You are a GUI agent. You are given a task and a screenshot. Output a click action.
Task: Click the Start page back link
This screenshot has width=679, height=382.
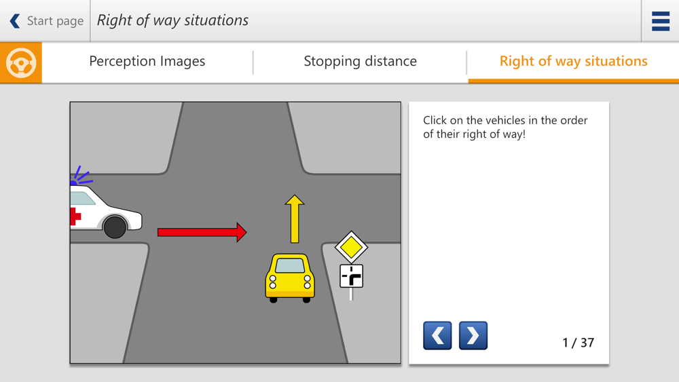[x=46, y=21]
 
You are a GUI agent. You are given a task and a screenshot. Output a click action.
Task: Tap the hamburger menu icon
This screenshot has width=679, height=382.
[x=661, y=21]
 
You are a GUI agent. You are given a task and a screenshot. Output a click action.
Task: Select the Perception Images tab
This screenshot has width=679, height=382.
[x=147, y=62]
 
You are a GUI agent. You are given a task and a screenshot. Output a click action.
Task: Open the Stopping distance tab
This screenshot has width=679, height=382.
[x=361, y=62]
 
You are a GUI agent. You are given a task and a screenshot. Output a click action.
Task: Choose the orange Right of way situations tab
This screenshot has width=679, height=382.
[x=573, y=62]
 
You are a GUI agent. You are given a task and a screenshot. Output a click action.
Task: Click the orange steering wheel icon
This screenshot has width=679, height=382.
[x=21, y=62]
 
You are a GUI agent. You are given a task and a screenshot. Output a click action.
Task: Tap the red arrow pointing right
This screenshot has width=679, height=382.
[x=202, y=232]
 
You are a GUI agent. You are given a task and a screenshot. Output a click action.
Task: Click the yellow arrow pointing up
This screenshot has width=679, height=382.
[x=295, y=219]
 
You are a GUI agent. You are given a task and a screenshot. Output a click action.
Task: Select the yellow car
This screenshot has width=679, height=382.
[x=290, y=278]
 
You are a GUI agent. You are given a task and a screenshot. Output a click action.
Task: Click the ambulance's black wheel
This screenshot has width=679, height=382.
[x=115, y=227]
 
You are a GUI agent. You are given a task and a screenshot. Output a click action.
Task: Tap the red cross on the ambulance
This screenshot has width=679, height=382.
[x=75, y=216]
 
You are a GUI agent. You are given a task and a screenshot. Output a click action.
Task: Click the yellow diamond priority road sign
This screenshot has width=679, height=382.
[x=351, y=247]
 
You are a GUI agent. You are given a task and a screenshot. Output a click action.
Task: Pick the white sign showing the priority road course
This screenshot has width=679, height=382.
[x=351, y=276]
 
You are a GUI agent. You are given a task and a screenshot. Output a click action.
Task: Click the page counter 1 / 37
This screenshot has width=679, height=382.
[x=578, y=343]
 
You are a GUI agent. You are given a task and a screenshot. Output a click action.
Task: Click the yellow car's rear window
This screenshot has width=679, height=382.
[x=290, y=265]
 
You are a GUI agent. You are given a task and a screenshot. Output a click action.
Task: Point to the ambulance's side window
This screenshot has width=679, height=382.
[x=82, y=198]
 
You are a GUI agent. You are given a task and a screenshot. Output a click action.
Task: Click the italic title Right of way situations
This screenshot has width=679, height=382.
[x=172, y=20]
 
